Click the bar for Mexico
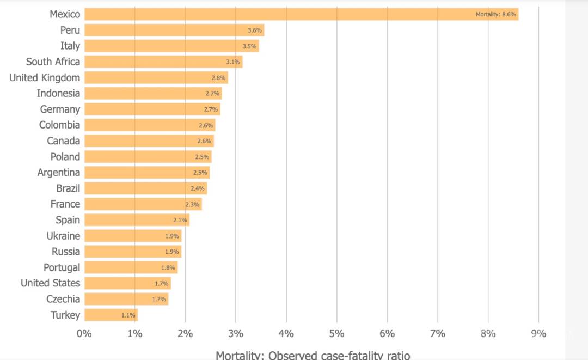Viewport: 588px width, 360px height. pos(301,14)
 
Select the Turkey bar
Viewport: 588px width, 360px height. pos(111,315)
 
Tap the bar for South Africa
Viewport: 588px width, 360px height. pos(163,62)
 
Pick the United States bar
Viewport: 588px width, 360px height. pos(127,283)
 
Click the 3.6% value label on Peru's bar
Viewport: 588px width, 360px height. pos(255,30)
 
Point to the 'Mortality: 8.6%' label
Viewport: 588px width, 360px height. pos(495,15)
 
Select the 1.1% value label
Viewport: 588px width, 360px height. pos(128,315)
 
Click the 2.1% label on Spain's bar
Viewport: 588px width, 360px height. pos(180,220)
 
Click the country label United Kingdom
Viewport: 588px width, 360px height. pos(45,78)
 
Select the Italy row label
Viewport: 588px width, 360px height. pos(70,46)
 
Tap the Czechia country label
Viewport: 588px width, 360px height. pos(63,299)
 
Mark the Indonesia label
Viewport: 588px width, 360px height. pos(58,94)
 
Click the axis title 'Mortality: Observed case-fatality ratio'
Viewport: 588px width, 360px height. pos(313,355)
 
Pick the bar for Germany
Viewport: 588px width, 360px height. pos(152,109)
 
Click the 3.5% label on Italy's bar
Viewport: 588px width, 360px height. pos(249,46)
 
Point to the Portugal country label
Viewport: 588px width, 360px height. pos(62,267)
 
